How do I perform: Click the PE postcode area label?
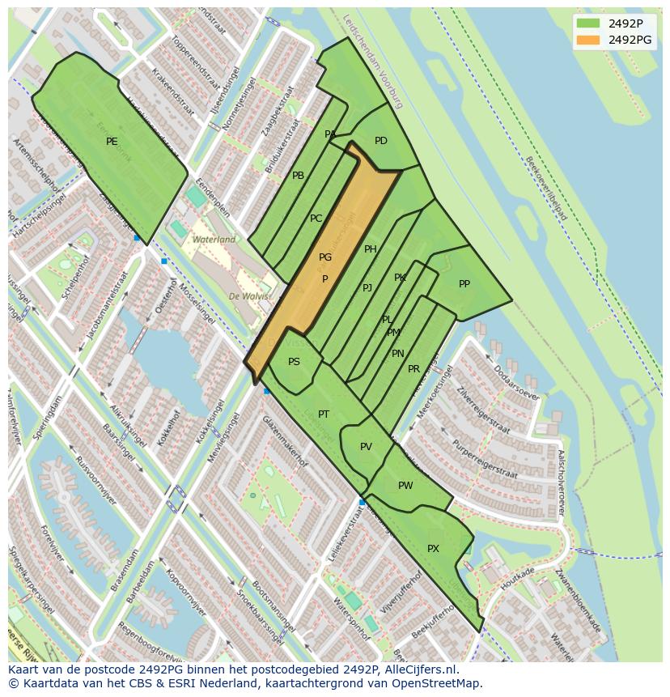112,142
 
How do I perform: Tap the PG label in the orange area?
325,257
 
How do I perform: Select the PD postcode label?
381,141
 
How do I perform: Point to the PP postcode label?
464,284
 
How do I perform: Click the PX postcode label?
433,549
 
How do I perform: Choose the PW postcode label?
405,486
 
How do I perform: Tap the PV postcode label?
366,447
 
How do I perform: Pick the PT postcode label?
324,414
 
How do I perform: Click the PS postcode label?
294,362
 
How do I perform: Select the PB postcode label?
298,176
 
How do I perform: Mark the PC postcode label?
316,219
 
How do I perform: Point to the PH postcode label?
371,249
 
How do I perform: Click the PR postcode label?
413,369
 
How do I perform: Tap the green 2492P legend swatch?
588,23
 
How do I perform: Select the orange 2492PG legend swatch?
588,40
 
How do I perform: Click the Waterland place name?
214,240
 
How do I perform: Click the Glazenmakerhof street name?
284,441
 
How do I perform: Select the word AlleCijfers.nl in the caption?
419,669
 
